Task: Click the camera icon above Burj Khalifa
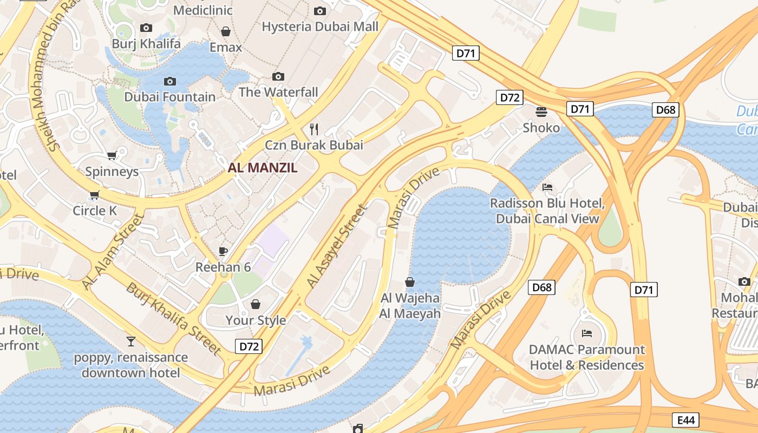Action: [x=146, y=28]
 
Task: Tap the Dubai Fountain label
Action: [x=169, y=97]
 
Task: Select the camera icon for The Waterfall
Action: [x=278, y=77]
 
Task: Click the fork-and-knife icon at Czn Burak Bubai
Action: [x=314, y=129]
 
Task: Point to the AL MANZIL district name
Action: [x=263, y=168]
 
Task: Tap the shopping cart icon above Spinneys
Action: [x=112, y=156]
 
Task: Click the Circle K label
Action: [x=95, y=211]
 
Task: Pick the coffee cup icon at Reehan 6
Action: [x=223, y=251]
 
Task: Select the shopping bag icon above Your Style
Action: [x=256, y=304]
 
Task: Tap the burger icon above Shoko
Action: [x=541, y=112]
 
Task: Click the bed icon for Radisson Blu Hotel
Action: [x=547, y=187]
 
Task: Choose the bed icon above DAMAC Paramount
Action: [x=587, y=333]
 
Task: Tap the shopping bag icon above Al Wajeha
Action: [x=410, y=282]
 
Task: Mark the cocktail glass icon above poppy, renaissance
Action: [x=130, y=341]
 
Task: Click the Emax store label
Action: [x=226, y=47]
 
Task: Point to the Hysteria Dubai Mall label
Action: [x=320, y=27]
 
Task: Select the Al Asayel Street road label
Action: [x=337, y=245]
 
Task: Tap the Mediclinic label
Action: [x=202, y=10]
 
